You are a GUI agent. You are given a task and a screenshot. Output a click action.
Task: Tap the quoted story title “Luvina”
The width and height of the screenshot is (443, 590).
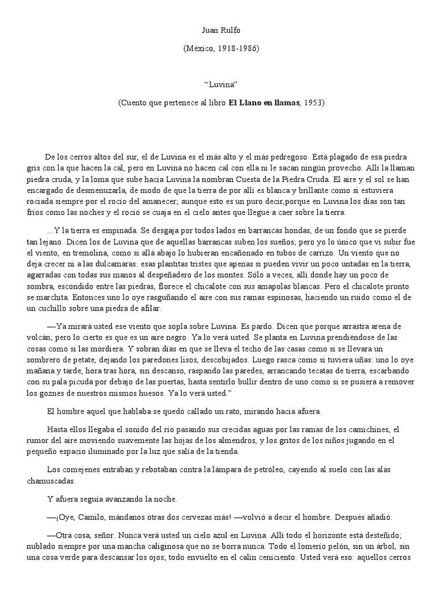point(221,84)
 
